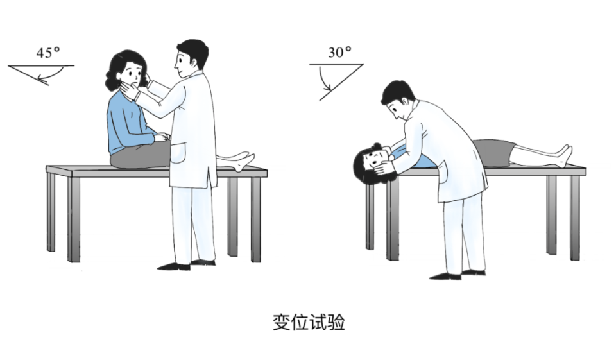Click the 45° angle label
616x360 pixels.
(48, 53)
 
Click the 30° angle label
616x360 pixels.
(340, 52)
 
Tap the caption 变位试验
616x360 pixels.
(309, 323)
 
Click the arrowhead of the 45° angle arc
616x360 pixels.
(44, 81)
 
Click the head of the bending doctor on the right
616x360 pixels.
(398, 101)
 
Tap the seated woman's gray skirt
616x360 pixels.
(140, 155)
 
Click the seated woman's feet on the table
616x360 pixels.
(244, 160)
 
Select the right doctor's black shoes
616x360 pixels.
(458, 274)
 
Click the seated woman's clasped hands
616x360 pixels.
(162, 137)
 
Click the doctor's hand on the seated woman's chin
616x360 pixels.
(130, 92)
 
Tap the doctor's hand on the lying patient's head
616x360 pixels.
(384, 167)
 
